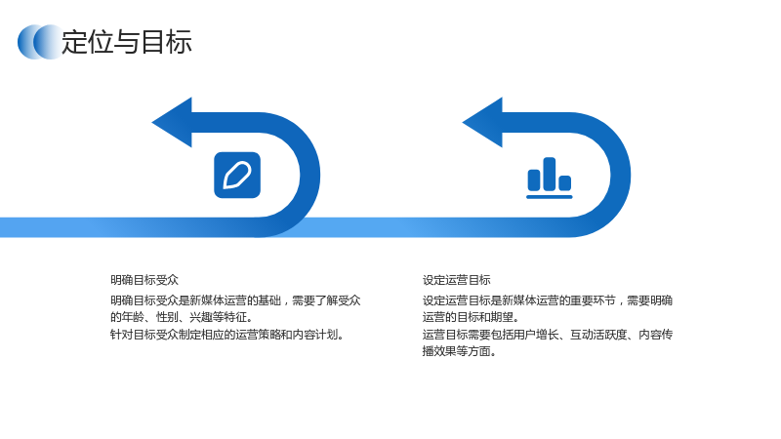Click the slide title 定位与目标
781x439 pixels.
127,42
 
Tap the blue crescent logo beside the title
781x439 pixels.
40,42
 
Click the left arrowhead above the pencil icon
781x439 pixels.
173,123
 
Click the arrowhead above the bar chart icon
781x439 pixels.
482,123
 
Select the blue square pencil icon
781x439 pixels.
237,176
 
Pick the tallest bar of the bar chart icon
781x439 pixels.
550,175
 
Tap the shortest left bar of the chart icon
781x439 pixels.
534,180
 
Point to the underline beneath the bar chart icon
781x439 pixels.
550,197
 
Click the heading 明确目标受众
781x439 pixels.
144,280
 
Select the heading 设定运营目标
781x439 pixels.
457,280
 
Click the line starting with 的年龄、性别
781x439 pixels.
182,317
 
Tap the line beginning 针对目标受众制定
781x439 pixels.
227,335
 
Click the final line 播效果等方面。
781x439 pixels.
459,351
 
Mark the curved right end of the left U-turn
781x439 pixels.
310,176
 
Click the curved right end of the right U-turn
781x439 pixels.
621,176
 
